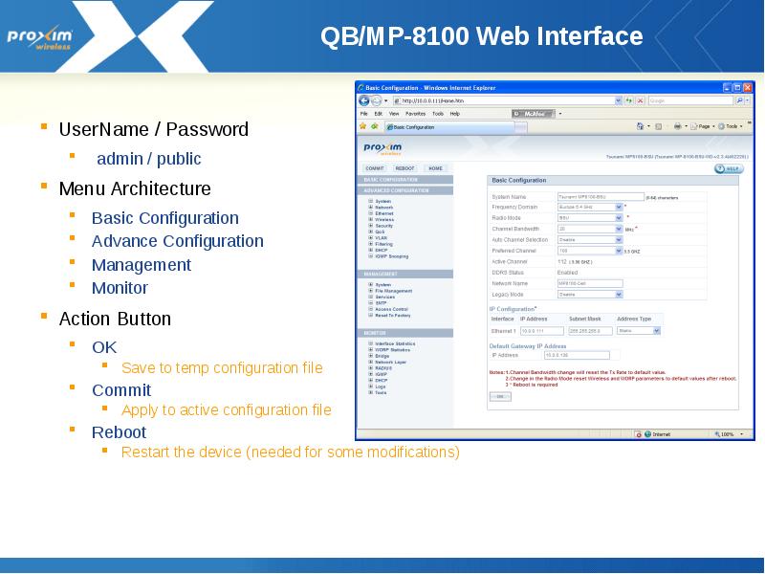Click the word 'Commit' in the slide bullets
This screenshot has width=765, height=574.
click(121, 390)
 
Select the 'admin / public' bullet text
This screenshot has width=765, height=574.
click(149, 159)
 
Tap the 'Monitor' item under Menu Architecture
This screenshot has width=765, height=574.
click(120, 288)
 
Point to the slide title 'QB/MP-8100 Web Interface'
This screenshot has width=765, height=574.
click(481, 37)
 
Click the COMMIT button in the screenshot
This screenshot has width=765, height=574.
click(375, 168)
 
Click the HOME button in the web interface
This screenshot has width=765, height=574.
click(435, 168)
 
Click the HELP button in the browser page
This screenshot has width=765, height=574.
click(729, 168)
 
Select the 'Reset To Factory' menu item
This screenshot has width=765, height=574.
click(393, 315)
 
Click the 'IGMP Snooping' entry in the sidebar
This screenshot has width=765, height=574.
click(392, 256)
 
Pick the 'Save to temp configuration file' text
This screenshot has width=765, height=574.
click(222, 368)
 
